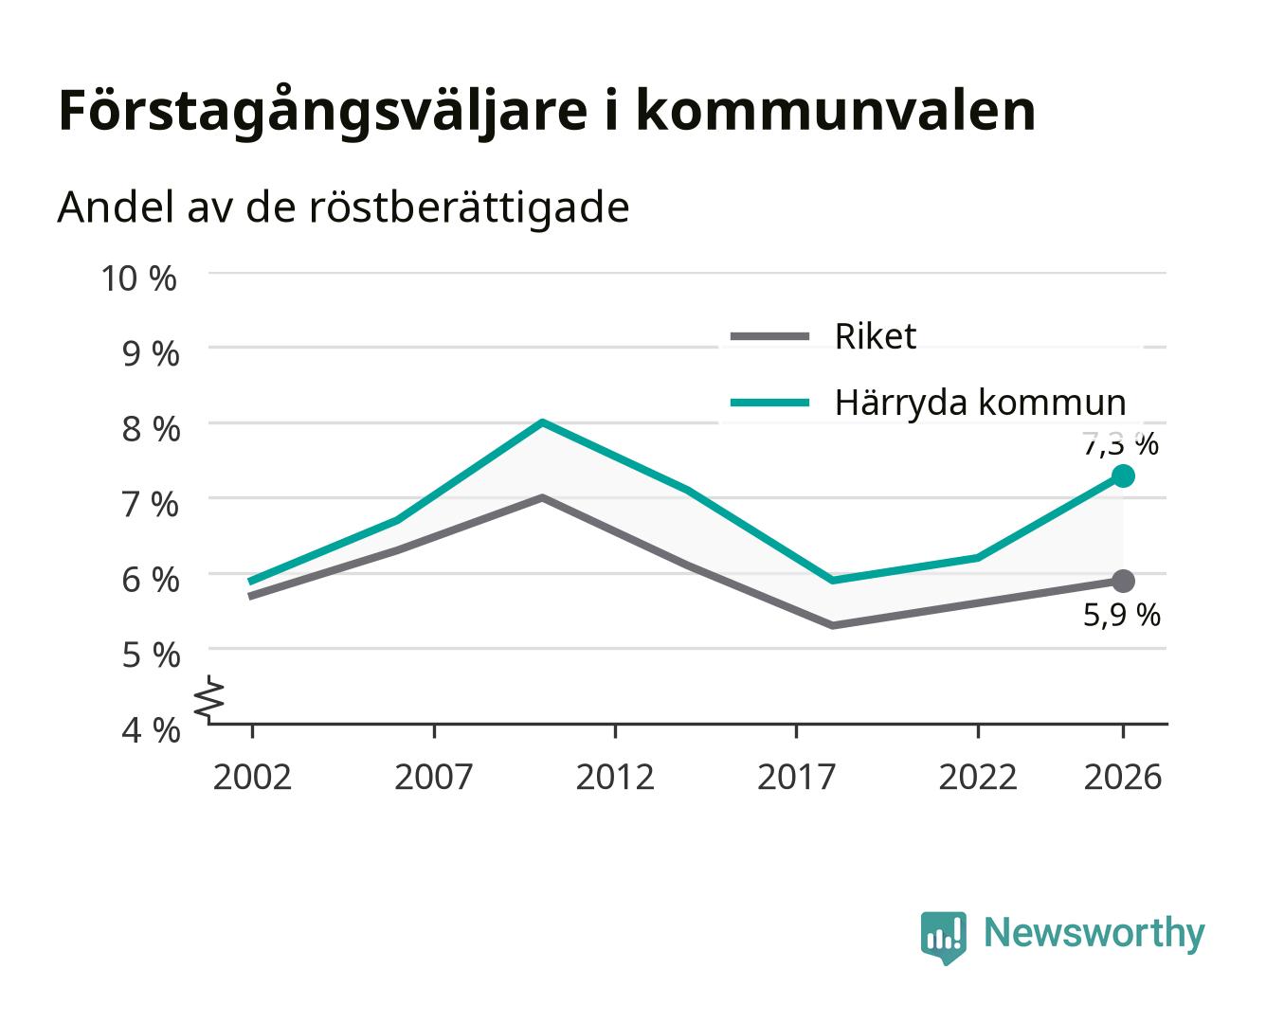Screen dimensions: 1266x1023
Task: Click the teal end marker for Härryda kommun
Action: (x=1122, y=476)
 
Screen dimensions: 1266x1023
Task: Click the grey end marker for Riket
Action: (x=1122, y=581)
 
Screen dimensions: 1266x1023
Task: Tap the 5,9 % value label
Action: (x=1121, y=615)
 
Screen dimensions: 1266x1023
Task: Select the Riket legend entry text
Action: (x=875, y=336)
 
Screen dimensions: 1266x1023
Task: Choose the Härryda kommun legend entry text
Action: (x=980, y=403)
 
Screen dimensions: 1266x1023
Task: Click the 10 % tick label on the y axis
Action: (x=138, y=278)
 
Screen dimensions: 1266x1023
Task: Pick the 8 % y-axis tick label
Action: (x=151, y=429)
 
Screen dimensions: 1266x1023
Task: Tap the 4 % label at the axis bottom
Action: (x=151, y=730)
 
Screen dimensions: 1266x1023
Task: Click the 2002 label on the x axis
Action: (x=252, y=777)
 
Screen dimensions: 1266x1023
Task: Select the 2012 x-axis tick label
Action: (x=615, y=777)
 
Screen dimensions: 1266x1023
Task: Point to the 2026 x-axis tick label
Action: (x=1122, y=777)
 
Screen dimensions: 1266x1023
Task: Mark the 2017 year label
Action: (x=796, y=777)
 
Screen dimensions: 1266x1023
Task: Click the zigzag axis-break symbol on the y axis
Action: (x=209, y=699)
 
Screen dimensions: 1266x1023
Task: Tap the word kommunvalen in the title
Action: (x=836, y=111)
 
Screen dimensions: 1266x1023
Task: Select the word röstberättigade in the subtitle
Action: (x=469, y=208)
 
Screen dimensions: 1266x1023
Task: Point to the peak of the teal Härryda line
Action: (x=542, y=422)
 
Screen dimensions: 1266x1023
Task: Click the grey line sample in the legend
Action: (x=769, y=336)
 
